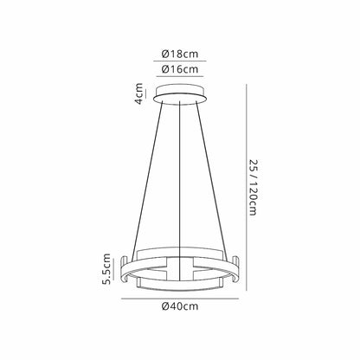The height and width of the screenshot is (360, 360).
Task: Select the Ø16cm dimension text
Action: pyautogui.click(x=180, y=69)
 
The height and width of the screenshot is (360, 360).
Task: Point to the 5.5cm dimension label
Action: pyautogui.click(x=107, y=269)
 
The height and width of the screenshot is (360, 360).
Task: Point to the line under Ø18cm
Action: pyautogui.click(x=180, y=61)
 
